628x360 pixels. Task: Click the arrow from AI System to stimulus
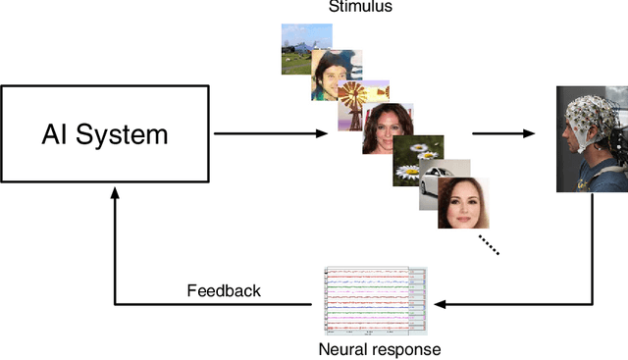pos(271,134)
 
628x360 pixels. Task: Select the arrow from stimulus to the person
pos(505,134)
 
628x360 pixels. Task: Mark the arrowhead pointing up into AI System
pos(115,196)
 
